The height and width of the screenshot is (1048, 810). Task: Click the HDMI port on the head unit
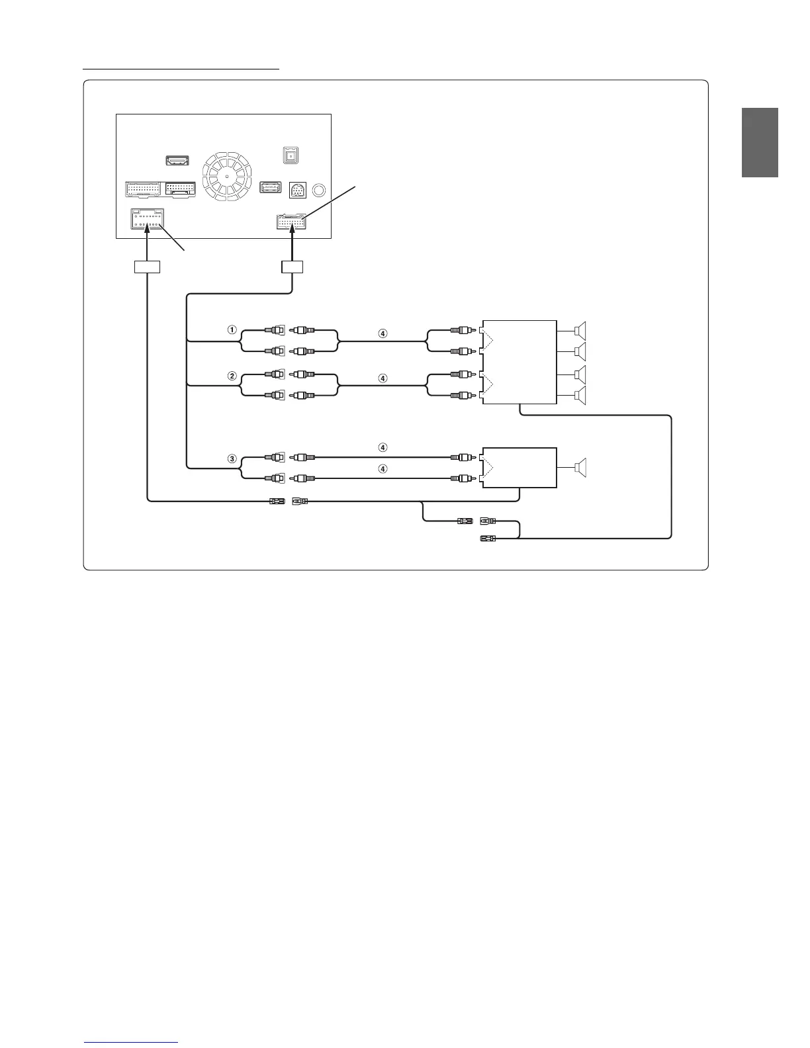177,161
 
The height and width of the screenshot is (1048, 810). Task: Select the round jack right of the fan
319,191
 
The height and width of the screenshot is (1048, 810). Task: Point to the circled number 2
232,376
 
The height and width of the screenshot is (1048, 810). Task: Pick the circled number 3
232,458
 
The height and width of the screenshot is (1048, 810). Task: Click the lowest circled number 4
382,469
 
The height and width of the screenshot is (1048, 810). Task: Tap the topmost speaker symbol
580,329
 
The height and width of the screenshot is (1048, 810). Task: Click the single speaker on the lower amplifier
580,468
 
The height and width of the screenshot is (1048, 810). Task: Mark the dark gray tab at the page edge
760,142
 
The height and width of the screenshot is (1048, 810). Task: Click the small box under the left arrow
147,267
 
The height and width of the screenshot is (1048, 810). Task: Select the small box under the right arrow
292,267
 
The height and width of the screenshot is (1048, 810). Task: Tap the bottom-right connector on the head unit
292,222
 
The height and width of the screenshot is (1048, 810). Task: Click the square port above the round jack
288,155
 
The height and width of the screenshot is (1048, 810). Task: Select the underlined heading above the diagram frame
181,67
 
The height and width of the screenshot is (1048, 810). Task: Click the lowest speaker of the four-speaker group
580,396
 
